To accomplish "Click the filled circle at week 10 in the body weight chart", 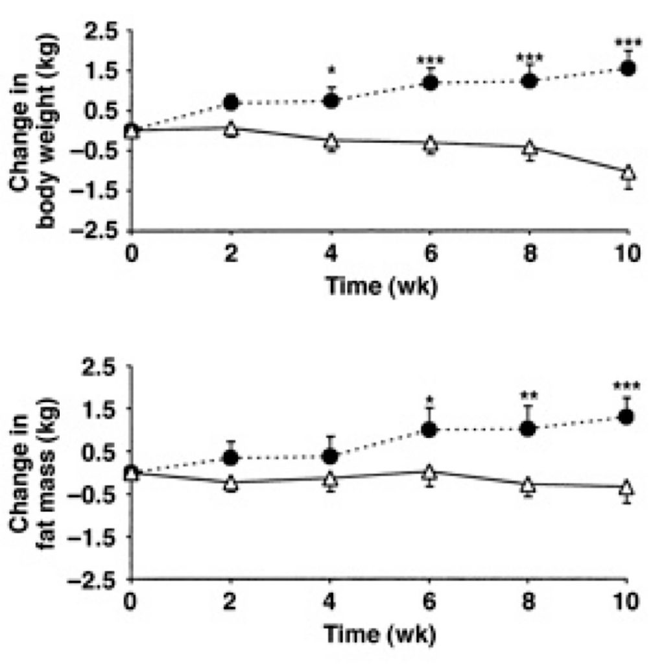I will point(627,68).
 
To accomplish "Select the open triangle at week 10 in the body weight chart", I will point(627,173).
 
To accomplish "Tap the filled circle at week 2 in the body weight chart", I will point(231,102).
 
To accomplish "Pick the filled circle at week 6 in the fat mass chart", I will point(429,429).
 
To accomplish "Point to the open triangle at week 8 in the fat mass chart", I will point(528,484).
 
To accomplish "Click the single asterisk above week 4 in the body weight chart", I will point(331,69).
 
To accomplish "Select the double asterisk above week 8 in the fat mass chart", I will point(528,395).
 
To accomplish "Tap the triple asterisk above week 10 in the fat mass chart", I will point(626,386).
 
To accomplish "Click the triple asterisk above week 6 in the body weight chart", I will point(430,61).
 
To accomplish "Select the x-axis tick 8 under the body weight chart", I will point(529,253).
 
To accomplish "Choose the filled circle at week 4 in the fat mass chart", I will point(330,456).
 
